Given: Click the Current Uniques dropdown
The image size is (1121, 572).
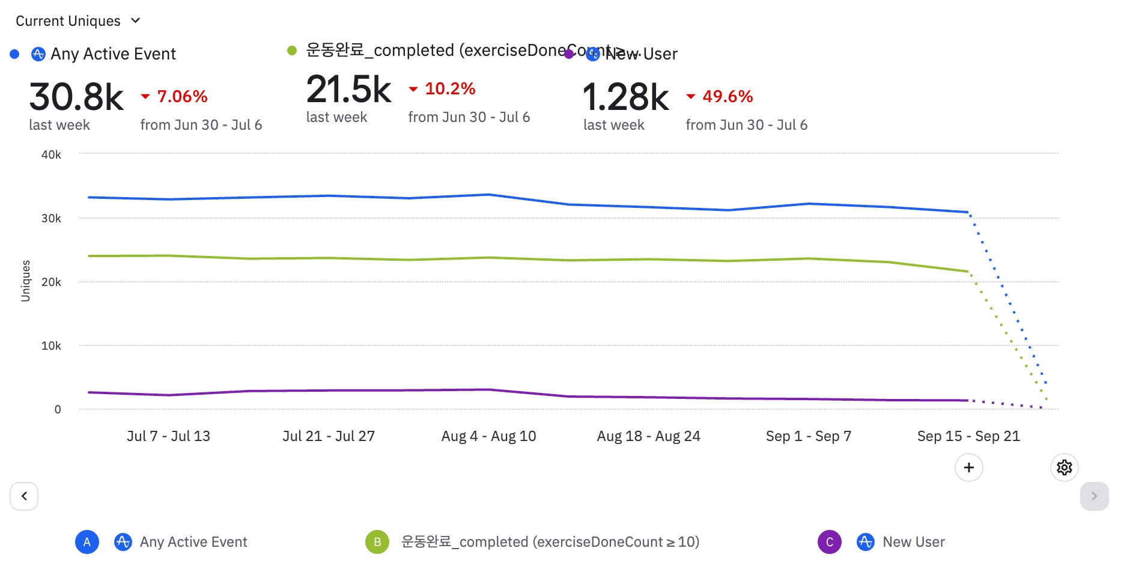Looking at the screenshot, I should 78,21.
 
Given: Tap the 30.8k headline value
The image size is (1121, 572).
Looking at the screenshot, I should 76,97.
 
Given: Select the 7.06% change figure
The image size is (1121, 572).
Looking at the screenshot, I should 182,96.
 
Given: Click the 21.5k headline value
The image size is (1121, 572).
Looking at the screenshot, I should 348,90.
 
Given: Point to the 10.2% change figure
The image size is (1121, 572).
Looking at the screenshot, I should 450,89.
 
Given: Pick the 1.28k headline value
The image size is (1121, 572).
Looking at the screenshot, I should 625,97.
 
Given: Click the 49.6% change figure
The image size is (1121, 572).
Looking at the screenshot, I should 728,96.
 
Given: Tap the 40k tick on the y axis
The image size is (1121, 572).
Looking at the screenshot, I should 51,155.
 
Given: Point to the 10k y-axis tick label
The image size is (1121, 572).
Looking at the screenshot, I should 51,346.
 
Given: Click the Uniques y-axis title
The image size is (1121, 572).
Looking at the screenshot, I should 25,281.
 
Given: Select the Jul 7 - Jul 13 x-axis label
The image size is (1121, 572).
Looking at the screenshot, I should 168,436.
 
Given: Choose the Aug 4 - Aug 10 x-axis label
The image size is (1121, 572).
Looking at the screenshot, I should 488,436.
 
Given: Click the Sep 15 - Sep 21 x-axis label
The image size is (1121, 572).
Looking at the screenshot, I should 968,436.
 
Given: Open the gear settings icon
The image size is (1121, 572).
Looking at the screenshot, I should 1064,467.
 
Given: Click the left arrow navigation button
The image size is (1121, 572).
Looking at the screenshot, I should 24,496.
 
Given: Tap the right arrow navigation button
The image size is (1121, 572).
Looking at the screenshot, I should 1094,496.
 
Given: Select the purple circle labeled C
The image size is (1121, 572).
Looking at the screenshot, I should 829,542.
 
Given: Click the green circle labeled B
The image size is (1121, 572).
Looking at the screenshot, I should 377,542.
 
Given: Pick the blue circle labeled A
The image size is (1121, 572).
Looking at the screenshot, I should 87,542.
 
